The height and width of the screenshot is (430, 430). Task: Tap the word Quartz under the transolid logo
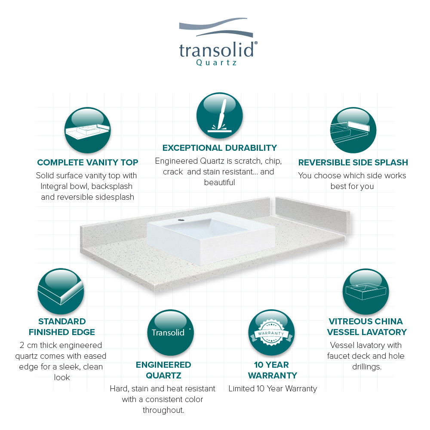(x=216, y=63)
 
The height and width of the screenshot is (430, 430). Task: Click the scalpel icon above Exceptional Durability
(x=219, y=116)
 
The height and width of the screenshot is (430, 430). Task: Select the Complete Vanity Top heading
(x=88, y=162)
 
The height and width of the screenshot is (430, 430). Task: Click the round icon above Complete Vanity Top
(x=88, y=130)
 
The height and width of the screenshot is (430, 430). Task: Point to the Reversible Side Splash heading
(x=353, y=162)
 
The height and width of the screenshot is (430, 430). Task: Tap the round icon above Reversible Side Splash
(x=353, y=130)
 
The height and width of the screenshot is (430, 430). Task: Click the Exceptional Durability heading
(x=220, y=148)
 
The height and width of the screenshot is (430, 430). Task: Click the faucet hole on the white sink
(x=181, y=220)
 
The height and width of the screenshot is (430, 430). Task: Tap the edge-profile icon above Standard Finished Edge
(x=61, y=291)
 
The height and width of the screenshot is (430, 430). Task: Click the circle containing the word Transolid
(x=171, y=332)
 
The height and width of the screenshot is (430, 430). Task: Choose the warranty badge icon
(x=271, y=332)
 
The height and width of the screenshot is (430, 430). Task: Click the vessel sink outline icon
(x=366, y=292)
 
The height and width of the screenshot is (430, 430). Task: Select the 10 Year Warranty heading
(x=272, y=370)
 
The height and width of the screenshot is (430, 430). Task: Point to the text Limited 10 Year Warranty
(x=273, y=389)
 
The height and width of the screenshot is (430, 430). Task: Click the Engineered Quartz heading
(x=163, y=370)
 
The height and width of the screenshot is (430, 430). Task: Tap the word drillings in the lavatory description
(x=367, y=367)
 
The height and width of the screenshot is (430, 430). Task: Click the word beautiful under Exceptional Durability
(x=219, y=183)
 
